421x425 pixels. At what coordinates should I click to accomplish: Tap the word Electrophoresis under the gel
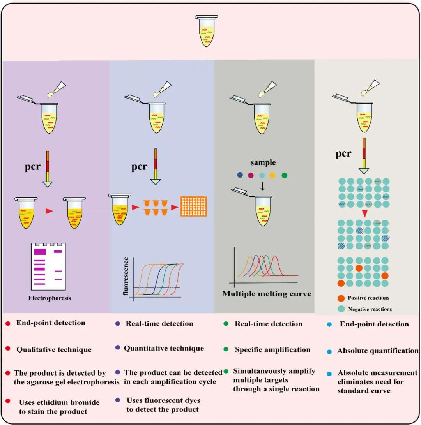[x=50, y=299]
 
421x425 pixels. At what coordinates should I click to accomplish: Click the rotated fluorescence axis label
[x=126, y=277]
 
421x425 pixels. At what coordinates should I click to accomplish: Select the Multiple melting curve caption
[x=267, y=294]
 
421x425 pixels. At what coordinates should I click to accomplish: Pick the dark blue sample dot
[x=240, y=175]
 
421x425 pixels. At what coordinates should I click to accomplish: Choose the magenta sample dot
[x=251, y=175]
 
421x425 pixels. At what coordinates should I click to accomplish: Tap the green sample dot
[x=284, y=175]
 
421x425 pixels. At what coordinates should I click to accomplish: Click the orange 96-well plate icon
[x=193, y=206]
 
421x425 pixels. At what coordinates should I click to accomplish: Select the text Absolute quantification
[x=378, y=351]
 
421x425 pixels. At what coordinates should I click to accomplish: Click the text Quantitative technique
[x=164, y=348]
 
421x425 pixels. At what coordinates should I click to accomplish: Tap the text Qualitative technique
[x=54, y=349]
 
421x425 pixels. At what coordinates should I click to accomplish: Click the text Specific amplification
[x=272, y=349]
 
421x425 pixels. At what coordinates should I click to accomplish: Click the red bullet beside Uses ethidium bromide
[x=8, y=401]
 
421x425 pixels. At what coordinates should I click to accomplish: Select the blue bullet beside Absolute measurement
[x=329, y=373]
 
